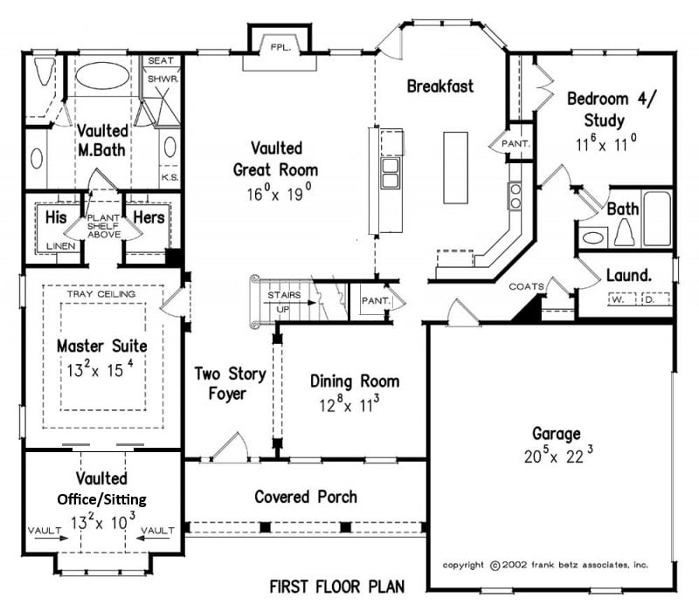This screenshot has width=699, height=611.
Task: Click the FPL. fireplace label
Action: tap(280, 47)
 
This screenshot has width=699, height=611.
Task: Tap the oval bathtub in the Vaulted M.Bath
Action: tap(102, 76)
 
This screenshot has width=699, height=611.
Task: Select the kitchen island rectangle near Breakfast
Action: tap(455, 168)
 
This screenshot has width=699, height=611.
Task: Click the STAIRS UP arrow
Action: tap(289, 302)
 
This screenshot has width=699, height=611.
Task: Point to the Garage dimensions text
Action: tap(558, 455)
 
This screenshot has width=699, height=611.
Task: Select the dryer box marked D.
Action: tap(654, 299)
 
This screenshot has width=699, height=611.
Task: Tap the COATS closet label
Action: tap(527, 286)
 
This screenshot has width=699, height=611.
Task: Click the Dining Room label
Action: tap(355, 381)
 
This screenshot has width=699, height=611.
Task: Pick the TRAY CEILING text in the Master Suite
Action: tap(101, 294)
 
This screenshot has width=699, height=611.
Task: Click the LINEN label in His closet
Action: tap(61, 246)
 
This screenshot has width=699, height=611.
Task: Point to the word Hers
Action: tap(149, 217)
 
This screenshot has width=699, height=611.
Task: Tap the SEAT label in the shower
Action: tap(161, 60)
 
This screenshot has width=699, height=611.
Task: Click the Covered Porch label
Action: tap(306, 497)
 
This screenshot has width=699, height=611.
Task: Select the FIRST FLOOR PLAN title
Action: tap(337, 587)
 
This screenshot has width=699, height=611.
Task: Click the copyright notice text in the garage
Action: tap(545, 565)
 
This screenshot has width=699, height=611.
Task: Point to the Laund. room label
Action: tap(629, 275)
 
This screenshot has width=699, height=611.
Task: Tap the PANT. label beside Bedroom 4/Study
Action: tap(516, 144)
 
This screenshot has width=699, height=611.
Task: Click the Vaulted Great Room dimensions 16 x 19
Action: tap(279, 193)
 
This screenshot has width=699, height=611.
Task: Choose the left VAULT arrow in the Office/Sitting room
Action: tap(52, 538)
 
